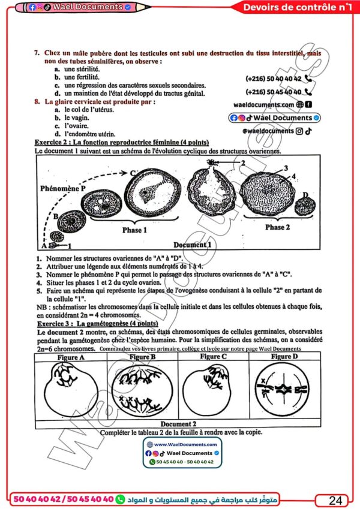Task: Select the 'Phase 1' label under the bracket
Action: [x=133, y=230]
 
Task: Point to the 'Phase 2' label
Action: [x=274, y=227]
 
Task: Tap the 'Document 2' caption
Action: [x=178, y=423]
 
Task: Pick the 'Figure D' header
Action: [x=284, y=357]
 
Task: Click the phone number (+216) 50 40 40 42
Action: [x=273, y=79]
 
